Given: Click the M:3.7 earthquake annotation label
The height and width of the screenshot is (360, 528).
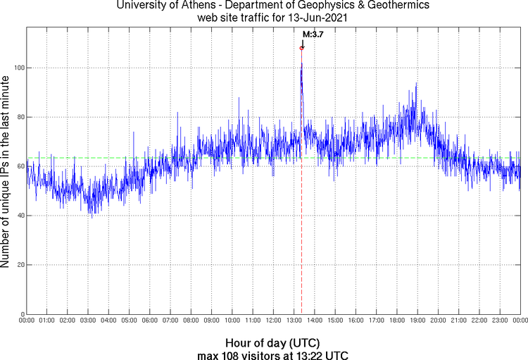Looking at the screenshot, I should coord(313,33).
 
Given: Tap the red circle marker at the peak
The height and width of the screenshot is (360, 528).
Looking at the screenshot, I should coord(301,48).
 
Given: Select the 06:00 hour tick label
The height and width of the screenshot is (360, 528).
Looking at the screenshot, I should coord(150,321).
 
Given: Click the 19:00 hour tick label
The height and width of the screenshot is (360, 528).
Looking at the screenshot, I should coord(417,321).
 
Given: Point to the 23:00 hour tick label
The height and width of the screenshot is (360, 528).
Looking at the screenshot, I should coord(499,321).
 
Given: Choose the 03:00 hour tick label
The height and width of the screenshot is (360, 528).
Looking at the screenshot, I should coord(88,321).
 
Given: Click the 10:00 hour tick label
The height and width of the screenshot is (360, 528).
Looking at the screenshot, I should coord(232,321).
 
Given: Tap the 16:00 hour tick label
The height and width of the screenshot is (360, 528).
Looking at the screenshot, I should coord(356,321).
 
